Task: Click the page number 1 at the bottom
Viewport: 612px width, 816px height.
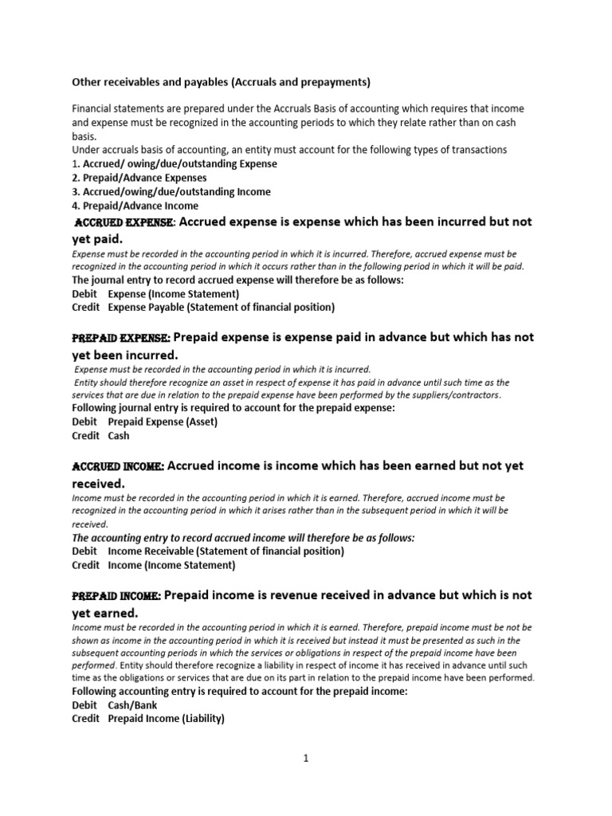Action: [305, 759]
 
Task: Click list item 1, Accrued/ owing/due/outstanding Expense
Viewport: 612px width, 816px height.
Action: [175, 163]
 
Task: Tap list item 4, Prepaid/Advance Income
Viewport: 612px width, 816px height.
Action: [135, 206]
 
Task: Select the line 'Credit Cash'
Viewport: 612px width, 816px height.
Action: [100, 436]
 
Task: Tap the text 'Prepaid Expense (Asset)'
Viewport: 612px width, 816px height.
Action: [163, 422]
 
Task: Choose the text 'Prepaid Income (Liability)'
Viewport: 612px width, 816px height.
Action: [166, 719]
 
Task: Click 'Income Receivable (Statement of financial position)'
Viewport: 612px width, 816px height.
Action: [226, 551]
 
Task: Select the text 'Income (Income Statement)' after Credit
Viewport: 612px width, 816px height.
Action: [171, 565]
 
